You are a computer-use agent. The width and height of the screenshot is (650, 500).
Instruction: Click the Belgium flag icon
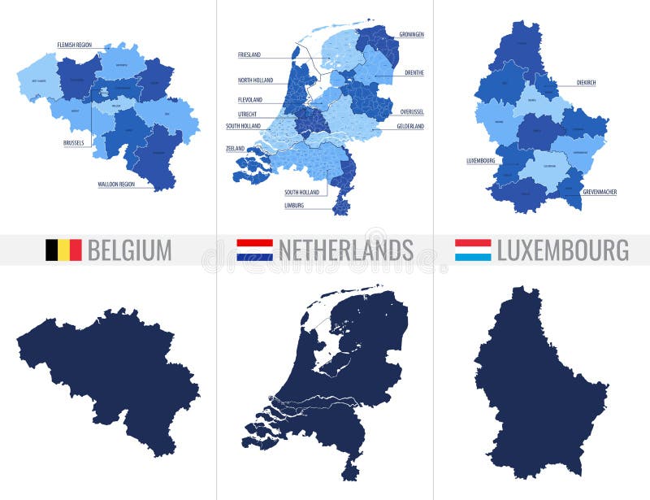click(x=63, y=250)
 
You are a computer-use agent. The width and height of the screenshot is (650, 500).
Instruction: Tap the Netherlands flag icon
click(x=254, y=250)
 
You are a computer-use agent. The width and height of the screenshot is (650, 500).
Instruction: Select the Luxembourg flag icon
click(x=472, y=250)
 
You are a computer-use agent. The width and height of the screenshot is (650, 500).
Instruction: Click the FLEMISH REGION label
click(x=74, y=45)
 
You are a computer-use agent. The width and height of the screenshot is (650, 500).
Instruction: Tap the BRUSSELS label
click(x=73, y=143)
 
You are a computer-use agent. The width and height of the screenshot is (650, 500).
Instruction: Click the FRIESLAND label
click(x=249, y=54)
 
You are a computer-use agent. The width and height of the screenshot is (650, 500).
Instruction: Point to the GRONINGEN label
click(x=412, y=34)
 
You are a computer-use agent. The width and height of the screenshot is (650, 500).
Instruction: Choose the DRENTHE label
click(x=414, y=72)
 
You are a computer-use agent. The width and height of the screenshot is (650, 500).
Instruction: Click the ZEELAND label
click(x=235, y=149)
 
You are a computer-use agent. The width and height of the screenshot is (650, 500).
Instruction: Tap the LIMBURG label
click(x=294, y=206)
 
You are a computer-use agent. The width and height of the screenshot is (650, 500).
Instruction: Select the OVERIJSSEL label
click(x=413, y=111)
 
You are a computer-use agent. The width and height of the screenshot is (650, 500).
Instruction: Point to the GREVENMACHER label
click(x=600, y=192)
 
